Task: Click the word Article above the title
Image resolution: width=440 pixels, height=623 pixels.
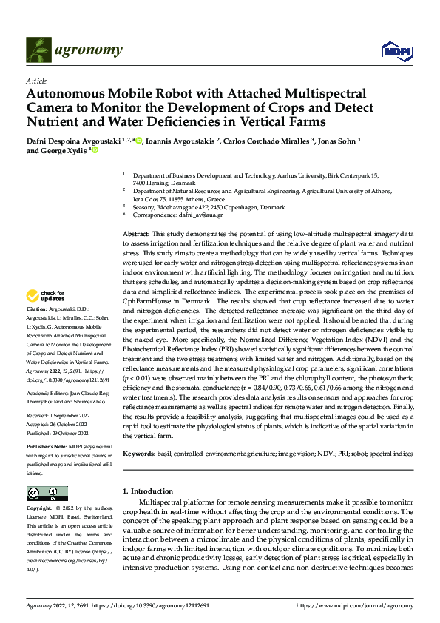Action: click(x=36, y=81)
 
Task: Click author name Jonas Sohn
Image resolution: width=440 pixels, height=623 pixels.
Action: click(x=336, y=141)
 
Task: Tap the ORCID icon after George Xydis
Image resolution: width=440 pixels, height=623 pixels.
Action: click(x=95, y=150)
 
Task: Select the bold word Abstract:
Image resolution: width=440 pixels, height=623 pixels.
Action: click(x=136, y=233)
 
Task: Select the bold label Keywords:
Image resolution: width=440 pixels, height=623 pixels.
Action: click(x=139, y=452)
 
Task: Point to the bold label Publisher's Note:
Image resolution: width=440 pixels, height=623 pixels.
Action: click(x=46, y=447)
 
